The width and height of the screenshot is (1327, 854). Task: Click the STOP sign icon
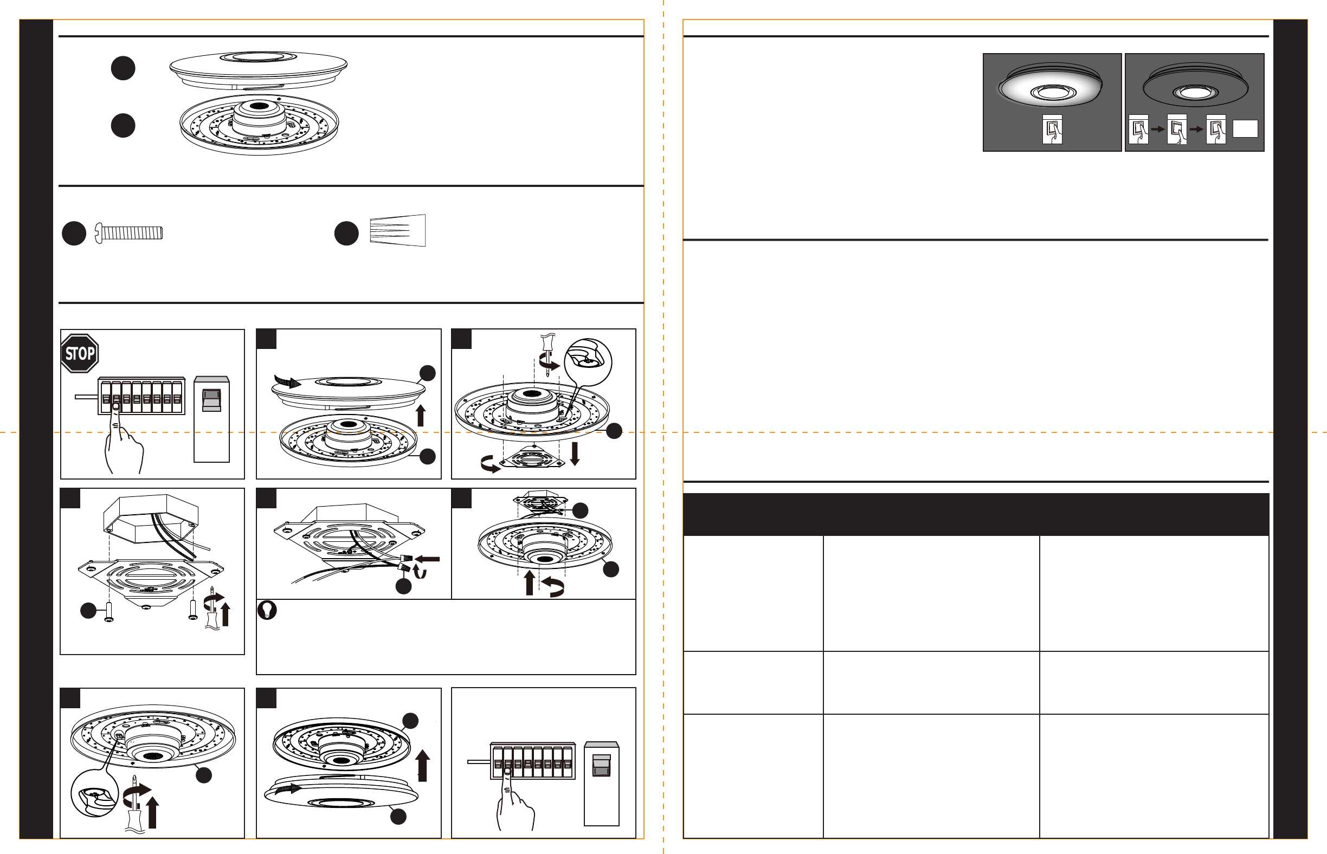point(79,353)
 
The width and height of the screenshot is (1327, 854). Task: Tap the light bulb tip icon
point(267,610)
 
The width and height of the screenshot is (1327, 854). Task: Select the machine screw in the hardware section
point(128,232)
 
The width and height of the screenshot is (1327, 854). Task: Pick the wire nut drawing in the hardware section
point(398,230)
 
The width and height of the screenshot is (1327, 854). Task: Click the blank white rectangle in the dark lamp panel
point(1245,128)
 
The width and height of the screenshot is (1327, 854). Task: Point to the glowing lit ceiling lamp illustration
point(1050,86)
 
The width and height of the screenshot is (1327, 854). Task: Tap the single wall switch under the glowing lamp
point(1052,129)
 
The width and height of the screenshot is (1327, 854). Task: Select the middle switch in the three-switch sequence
point(1177,129)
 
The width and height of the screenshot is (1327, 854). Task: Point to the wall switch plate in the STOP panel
point(211,419)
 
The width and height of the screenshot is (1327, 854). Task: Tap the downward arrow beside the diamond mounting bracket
point(575,453)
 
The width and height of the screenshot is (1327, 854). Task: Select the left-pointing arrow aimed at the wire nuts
point(427,559)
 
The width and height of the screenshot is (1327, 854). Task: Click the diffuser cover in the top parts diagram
point(259,69)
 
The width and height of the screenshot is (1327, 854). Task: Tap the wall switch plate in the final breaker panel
point(601,784)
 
